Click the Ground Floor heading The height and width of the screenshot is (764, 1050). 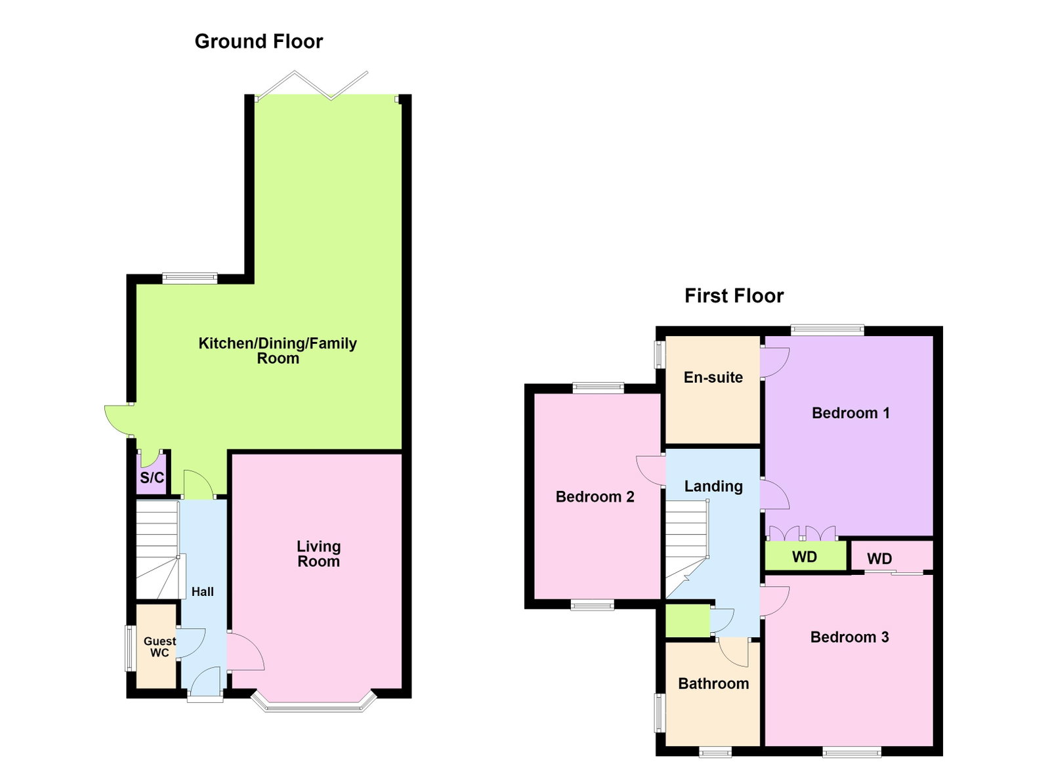(x=259, y=42)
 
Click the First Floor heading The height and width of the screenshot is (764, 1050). (x=734, y=296)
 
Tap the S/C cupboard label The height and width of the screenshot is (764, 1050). (x=152, y=478)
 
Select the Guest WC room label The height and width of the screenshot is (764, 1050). (x=160, y=647)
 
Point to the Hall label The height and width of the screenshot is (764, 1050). (x=203, y=592)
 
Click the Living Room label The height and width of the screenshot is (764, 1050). (x=319, y=553)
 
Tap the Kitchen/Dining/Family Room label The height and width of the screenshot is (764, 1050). (x=278, y=350)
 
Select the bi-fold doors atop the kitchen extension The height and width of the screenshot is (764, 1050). (x=312, y=86)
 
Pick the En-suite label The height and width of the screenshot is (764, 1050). (x=713, y=377)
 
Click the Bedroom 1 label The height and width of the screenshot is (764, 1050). (x=850, y=413)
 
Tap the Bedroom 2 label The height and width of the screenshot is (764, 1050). (x=595, y=497)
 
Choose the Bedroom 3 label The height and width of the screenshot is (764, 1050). (x=850, y=637)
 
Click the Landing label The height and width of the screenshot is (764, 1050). (x=713, y=486)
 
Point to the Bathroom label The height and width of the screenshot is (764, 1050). (x=713, y=683)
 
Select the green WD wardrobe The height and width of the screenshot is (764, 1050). (x=806, y=557)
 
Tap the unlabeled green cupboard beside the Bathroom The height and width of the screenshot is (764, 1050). (x=688, y=620)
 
